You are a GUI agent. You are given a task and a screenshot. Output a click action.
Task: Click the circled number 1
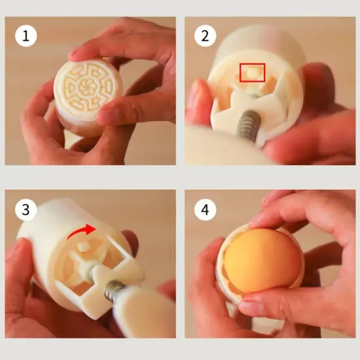(27, 36)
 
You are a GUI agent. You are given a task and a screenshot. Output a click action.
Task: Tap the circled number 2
(205, 36)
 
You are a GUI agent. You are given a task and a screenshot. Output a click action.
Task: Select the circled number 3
(27, 209)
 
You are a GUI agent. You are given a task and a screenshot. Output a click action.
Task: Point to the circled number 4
(205, 209)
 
